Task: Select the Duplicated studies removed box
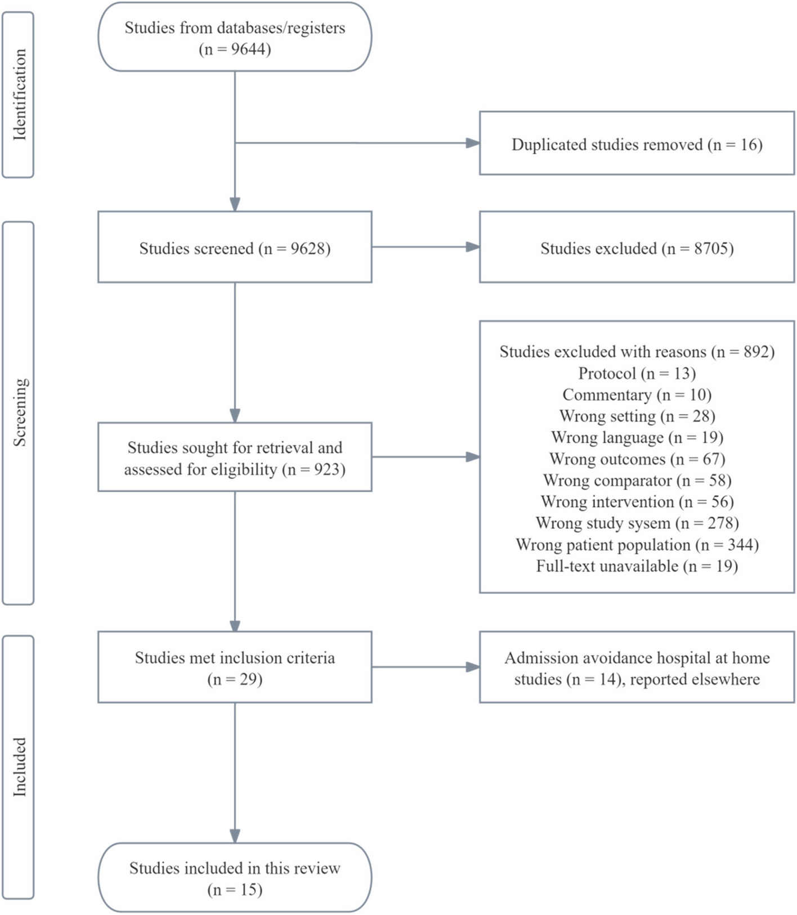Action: pos(637,143)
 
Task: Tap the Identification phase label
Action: pos(19,95)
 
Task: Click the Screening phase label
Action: pos(19,412)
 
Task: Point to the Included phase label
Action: pos(19,766)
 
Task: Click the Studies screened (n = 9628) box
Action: pos(235,248)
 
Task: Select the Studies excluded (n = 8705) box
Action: pos(637,248)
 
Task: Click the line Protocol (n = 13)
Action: pos(637,373)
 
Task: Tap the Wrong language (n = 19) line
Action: pos(637,437)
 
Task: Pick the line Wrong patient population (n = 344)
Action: pos(637,545)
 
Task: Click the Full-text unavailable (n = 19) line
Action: pos(637,566)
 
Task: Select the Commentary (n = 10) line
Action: pos(637,394)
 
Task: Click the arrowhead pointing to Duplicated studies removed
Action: pos(473,143)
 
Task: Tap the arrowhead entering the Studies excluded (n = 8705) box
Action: pos(473,246)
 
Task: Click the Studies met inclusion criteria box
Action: pos(235,667)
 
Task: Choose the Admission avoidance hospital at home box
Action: pos(637,667)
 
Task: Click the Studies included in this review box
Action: pos(235,878)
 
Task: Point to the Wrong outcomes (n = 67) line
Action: pos(637,459)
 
